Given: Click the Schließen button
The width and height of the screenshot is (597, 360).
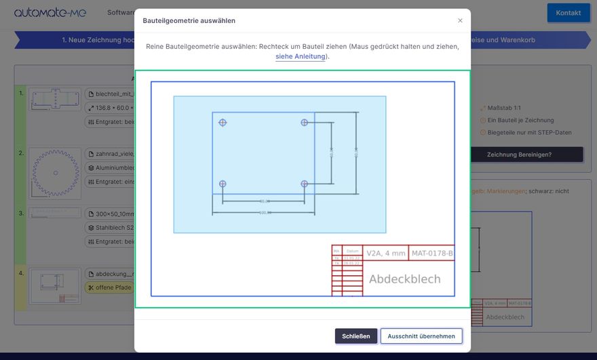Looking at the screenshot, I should click(355, 336).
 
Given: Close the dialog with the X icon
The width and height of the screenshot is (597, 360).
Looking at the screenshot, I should click(460, 20).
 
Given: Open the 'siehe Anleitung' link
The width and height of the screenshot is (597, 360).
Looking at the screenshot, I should click(300, 57).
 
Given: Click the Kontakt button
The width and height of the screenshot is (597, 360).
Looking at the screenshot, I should click(568, 13).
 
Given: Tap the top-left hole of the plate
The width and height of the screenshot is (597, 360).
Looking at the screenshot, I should click(223, 123).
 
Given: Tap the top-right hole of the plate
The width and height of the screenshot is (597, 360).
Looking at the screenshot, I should click(304, 123).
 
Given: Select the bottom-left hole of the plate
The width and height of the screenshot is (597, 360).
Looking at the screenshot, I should click(223, 184).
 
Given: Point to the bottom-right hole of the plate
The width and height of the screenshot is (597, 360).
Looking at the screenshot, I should click(304, 184).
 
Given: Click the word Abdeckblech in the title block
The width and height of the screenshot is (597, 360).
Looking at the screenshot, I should click(404, 279).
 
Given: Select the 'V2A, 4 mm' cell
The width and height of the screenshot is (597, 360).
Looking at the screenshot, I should click(385, 254).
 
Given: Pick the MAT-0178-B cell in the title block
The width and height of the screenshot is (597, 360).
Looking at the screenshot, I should click(432, 254).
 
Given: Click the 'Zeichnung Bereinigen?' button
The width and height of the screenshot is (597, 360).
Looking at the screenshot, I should click(526, 155).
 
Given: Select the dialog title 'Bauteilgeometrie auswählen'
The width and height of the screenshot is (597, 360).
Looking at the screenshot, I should click(189, 21).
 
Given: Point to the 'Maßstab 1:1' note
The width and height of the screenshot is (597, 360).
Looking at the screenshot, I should click(506, 108).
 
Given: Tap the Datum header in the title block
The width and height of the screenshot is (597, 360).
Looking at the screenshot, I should click(352, 251).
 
